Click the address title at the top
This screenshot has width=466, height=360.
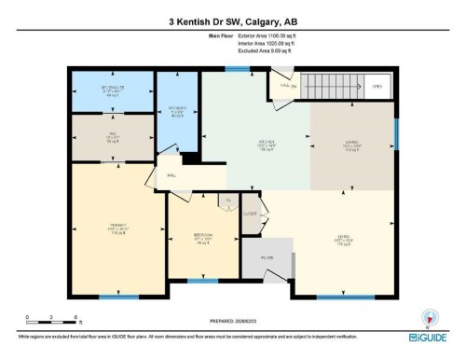tap(232, 21)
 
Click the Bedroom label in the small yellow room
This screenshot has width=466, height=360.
tap(202, 236)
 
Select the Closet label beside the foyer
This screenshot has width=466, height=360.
tap(251, 214)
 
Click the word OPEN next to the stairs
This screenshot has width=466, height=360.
tap(377, 86)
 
